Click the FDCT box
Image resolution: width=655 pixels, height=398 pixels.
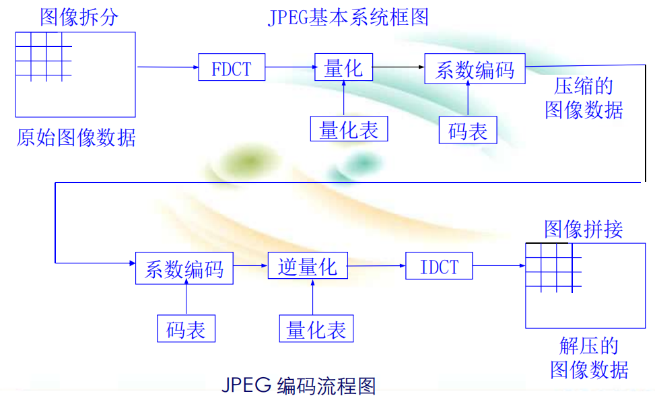tap(231, 67)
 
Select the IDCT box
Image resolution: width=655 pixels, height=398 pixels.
tap(439, 266)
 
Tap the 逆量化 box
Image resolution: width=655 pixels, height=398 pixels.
tap(307, 266)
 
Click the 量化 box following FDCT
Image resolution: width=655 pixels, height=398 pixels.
tap(343, 67)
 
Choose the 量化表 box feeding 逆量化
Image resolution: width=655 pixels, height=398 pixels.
tap(316, 329)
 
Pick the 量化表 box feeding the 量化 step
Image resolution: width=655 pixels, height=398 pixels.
tap(349, 129)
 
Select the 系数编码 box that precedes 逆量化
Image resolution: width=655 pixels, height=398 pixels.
tap(184, 269)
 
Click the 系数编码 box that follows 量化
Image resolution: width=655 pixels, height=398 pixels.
tap(475, 69)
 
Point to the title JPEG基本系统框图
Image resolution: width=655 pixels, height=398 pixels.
tap(348, 17)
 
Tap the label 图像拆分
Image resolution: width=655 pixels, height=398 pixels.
tap(79, 17)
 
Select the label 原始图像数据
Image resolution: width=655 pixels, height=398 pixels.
tap(76, 138)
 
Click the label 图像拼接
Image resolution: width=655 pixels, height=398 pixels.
tap(583, 229)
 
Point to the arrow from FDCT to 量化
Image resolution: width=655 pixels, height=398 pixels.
tap(289, 67)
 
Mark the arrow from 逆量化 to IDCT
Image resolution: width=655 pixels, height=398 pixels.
tap(376, 267)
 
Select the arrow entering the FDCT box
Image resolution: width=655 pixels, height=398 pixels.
tap(168, 67)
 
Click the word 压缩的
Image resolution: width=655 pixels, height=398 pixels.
tap(584, 87)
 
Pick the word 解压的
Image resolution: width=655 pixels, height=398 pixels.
tap(589, 346)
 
